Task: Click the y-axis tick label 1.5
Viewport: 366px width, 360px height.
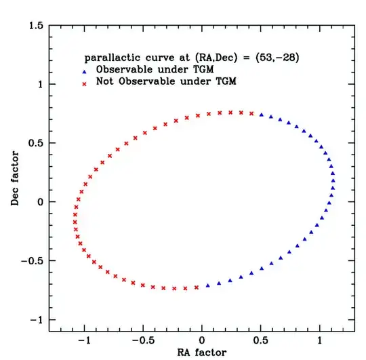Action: (x=36, y=26)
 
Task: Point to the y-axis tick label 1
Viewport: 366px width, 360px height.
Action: (x=41, y=85)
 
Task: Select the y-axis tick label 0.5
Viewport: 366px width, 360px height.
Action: (x=36, y=143)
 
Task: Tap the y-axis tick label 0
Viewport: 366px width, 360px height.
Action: (x=41, y=202)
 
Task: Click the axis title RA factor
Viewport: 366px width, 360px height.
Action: (x=202, y=352)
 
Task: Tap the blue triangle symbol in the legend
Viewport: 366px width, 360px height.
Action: (x=84, y=71)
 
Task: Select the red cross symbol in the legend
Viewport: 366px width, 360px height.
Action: (x=84, y=83)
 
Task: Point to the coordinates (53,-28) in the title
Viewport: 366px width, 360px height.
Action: (x=270, y=58)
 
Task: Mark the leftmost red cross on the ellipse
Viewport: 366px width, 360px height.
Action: (x=75, y=215)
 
